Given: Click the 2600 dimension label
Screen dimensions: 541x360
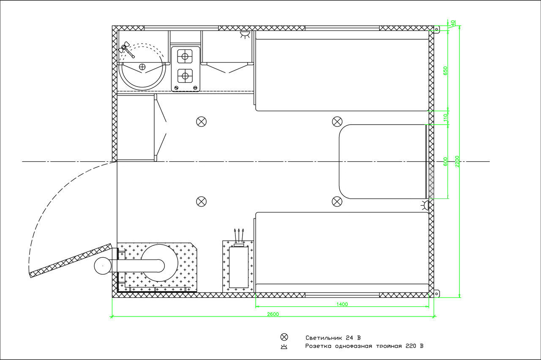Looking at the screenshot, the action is click(x=273, y=314).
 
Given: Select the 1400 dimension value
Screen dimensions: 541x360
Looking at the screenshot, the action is click(x=342, y=304).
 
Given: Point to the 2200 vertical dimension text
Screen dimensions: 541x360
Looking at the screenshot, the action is click(x=457, y=161).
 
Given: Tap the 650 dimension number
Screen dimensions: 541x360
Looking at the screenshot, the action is click(x=445, y=71).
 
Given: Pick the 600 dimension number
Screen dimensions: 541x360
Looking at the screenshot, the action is click(x=445, y=161).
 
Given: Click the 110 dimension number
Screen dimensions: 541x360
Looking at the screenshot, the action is click(x=445, y=117).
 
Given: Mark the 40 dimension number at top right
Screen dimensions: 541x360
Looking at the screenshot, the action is click(x=453, y=23).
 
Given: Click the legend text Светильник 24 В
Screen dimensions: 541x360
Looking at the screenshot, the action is click(x=333, y=338).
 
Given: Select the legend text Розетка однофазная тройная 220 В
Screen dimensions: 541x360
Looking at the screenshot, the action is click(x=364, y=346).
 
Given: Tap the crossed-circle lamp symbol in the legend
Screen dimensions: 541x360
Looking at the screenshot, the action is click(x=284, y=337).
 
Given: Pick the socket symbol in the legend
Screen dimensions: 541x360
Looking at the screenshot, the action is click(x=284, y=347).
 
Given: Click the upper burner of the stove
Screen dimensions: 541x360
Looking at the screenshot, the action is click(x=185, y=57).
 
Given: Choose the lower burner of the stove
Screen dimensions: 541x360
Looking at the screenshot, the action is click(x=185, y=76).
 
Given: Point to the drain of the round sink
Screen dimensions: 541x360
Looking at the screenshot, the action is click(x=142, y=67).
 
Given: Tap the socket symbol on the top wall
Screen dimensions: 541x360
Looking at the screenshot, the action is click(x=245, y=35).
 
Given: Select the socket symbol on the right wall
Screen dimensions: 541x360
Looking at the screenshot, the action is click(x=425, y=205).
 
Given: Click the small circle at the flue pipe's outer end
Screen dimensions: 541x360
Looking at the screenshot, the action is click(x=103, y=266).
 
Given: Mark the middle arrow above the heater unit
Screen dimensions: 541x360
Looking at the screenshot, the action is click(x=239, y=235).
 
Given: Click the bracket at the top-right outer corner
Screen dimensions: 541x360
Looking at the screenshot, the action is click(x=437, y=29).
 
